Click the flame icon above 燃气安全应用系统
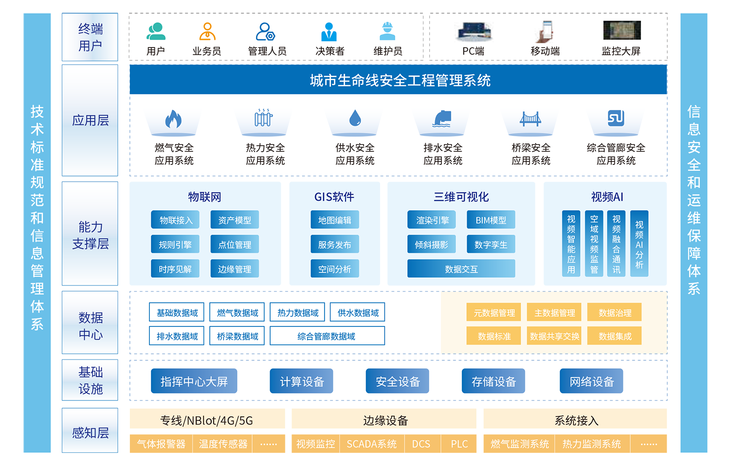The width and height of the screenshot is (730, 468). coord(173,119)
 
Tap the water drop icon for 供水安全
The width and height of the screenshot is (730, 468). coord(355,118)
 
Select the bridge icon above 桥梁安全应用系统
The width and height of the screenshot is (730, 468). coord(530,118)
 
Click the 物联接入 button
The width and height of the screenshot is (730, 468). coord(175,220)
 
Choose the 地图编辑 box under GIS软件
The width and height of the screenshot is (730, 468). coord(335,220)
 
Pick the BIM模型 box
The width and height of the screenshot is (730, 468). coord(491,220)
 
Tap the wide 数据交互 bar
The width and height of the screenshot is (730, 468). coord(461,269)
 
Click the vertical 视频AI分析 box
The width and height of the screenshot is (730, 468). coord(639,244)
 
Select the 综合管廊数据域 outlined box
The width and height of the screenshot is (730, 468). coord(327,336)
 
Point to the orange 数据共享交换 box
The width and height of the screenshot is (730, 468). coord(554,336)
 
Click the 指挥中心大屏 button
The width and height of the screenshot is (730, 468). coord(194,381)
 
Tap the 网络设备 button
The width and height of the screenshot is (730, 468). coord(591,381)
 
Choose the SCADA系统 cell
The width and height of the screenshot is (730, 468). coord(371,444)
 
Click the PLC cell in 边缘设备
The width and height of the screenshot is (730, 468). coord(459,444)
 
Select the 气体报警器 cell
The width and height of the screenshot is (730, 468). coord(161,444)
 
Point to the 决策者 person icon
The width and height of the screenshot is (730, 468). coord(329,32)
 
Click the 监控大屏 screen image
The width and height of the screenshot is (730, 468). coord(621,31)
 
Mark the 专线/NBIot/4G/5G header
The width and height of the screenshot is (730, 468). coord(207,420)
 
